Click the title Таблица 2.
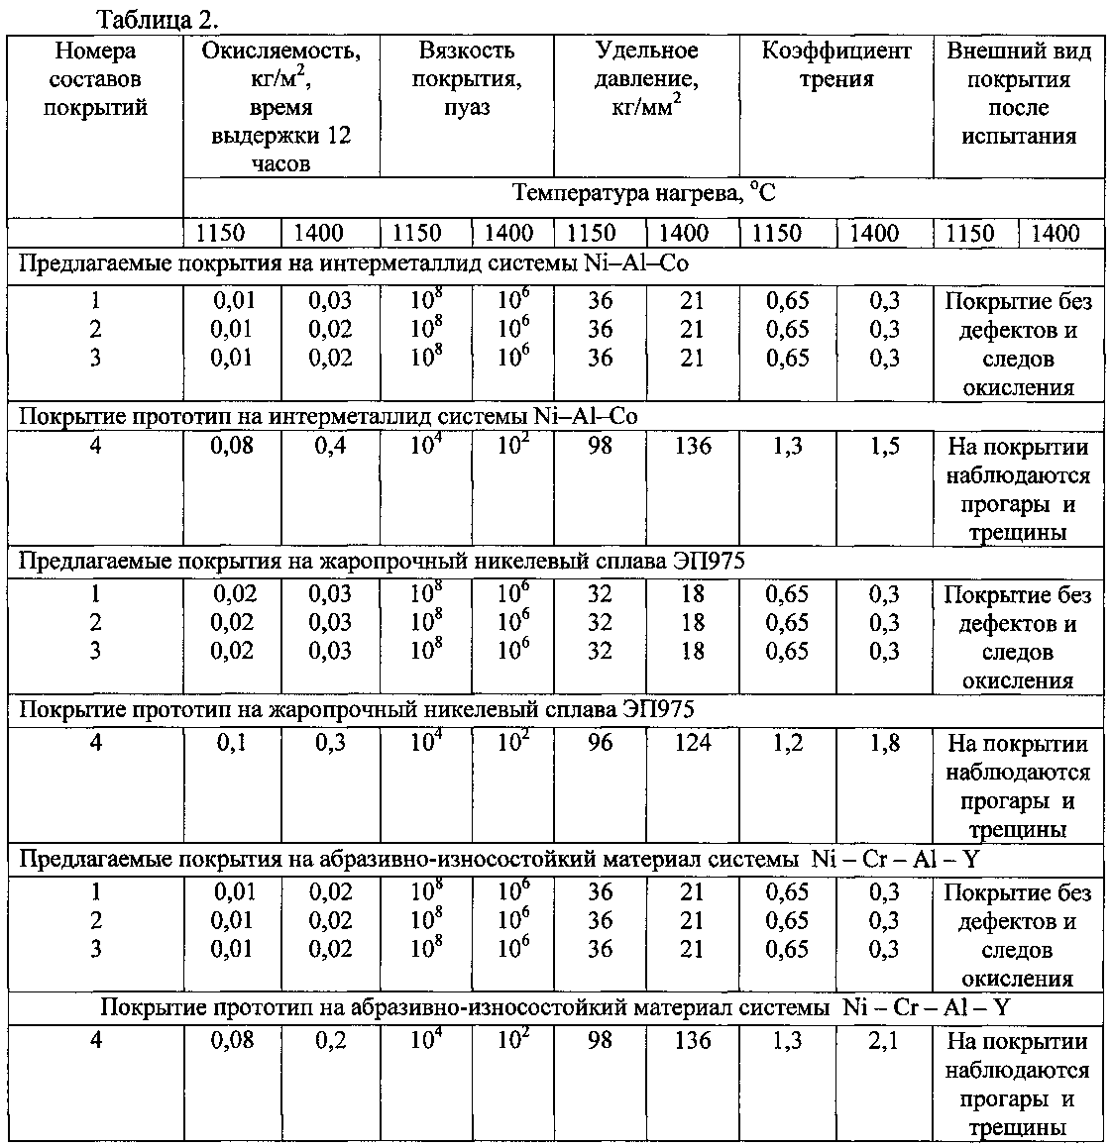[158, 20]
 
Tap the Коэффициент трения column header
[835, 65]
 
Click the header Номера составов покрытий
[95, 79]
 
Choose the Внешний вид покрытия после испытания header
[1018, 94]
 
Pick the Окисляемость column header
[280, 107]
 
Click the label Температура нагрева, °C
[644, 193]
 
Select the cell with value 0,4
[330, 447]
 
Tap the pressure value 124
[692, 743]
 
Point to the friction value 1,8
[884, 743]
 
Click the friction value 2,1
[884, 1040]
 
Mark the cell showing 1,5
[884, 447]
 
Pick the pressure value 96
[600, 743]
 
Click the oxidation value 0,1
[232, 743]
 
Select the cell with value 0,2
[330, 1040]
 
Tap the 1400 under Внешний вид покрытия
[1056, 234]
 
